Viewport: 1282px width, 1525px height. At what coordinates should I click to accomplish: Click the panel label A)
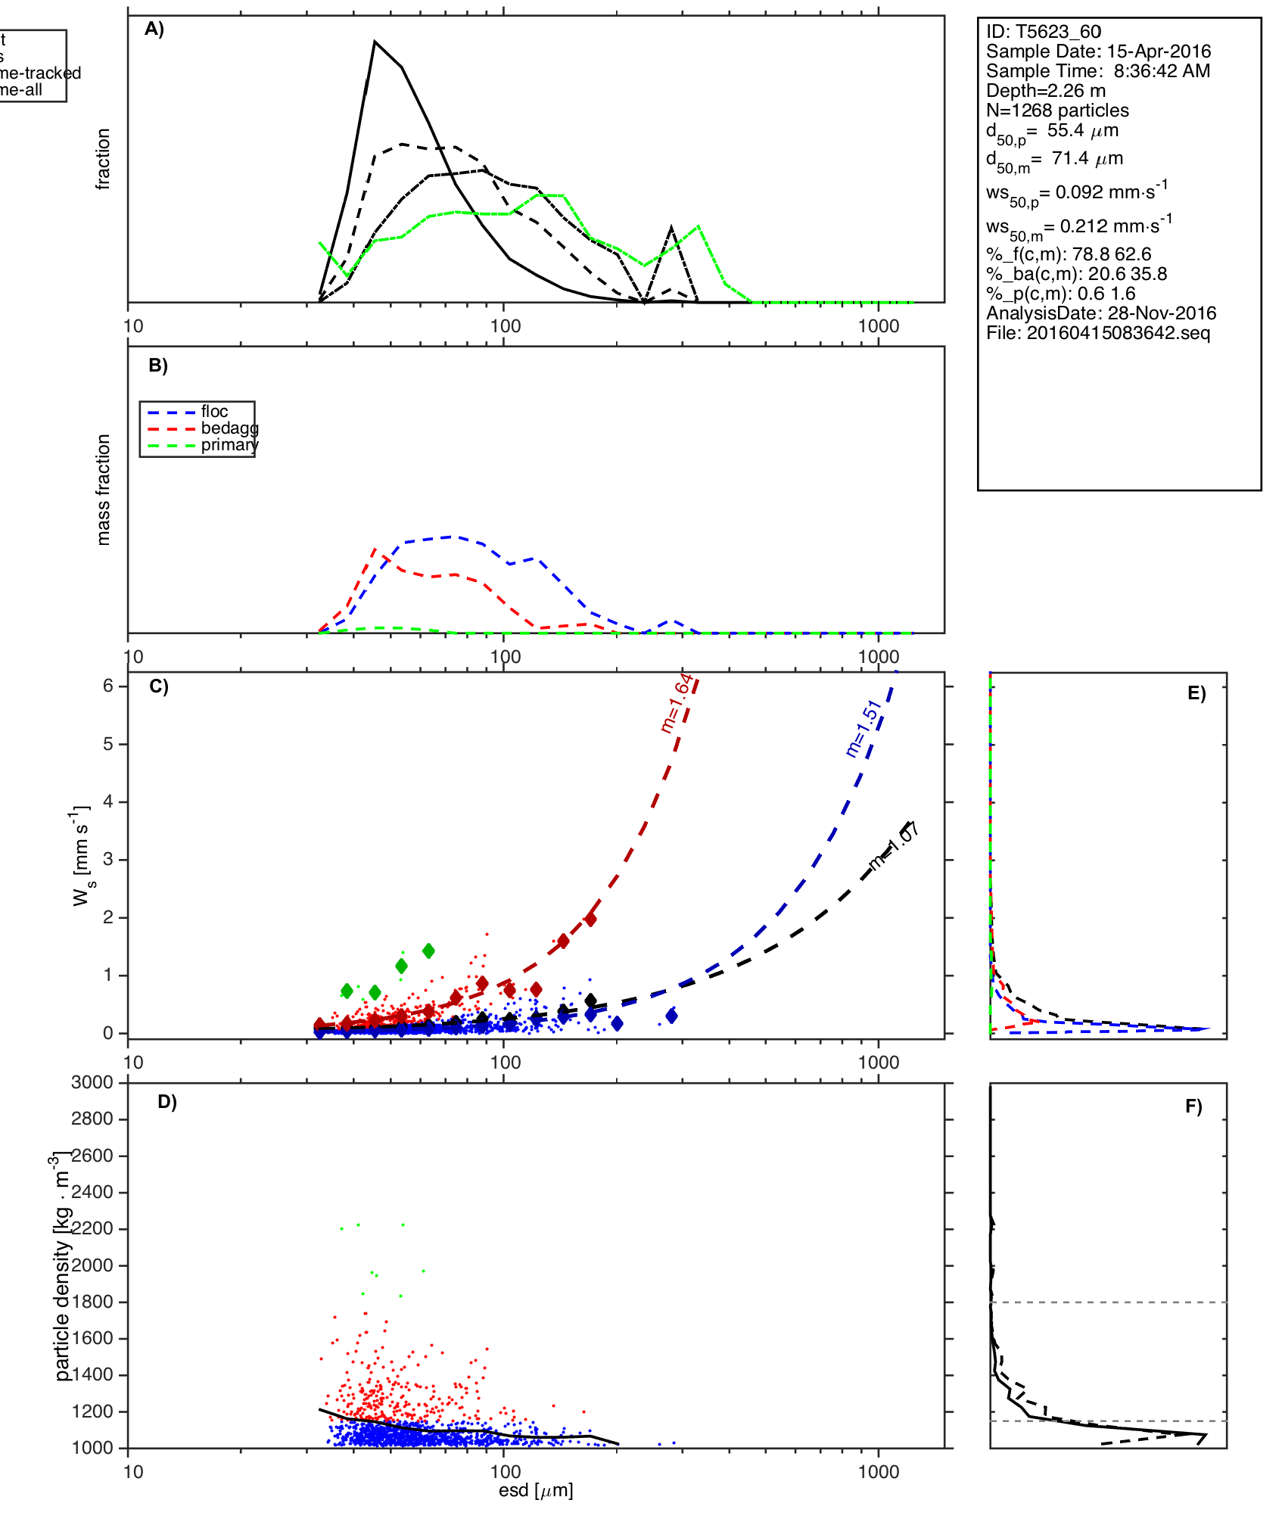pyautogui.click(x=154, y=29)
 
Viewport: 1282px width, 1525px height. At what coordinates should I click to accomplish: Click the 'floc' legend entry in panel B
pyautogui.click(x=214, y=412)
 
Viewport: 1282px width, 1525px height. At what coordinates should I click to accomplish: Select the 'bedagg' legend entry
pyautogui.click(x=229, y=428)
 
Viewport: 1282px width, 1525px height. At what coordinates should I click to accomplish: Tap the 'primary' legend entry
pyautogui.click(x=229, y=445)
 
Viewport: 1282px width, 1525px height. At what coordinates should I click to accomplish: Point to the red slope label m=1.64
pyautogui.click(x=676, y=703)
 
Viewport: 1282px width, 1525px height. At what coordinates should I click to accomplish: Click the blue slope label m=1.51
pyautogui.click(x=863, y=728)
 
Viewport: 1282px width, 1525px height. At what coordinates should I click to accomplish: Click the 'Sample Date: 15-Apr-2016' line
pyautogui.click(x=1098, y=51)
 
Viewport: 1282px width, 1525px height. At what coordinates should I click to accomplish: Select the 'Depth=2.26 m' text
pyautogui.click(x=1045, y=91)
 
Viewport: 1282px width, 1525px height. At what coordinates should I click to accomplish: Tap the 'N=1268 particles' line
pyautogui.click(x=1057, y=110)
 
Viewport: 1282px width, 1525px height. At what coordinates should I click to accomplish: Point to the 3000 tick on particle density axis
pyautogui.click(x=92, y=1082)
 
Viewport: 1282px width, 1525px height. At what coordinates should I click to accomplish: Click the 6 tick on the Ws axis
pyautogui.click(x=108, y=686)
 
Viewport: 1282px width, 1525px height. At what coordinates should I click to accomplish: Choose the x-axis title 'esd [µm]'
pyautogui.click(x=536, y=1491)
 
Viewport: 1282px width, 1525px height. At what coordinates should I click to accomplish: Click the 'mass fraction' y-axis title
pyautogui.click(x=104, y=490)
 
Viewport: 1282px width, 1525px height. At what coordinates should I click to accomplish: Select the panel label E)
pyautogui.click(x=1196, y=694)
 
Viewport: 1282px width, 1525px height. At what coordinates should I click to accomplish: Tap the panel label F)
pyautogui.click(x=1193, y=1106)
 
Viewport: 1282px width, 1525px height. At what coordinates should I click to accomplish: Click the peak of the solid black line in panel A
pyautogui.click(x=375, y=42)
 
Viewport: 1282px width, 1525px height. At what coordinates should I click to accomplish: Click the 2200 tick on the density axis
pyautogui.click(x=92, y=1228)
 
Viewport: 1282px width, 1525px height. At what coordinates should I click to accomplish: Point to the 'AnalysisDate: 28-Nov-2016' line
pyautogui.click(x=1101, y=313)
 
